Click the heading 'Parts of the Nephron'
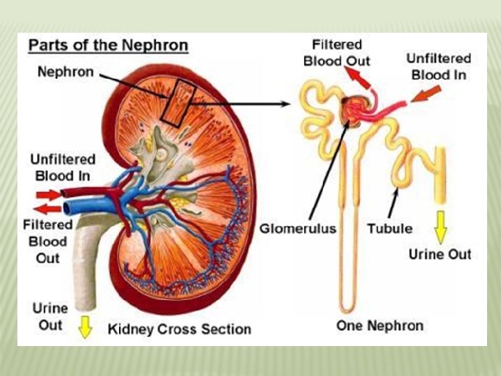tap(108, 46)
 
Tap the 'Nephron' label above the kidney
tap(66, 72)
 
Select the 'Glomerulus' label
tap(298, 228)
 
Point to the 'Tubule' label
tap(390, 228)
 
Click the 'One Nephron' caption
tap(380, 325)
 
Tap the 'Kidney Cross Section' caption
tap(179, 329)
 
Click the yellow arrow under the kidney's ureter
tap(85, 327)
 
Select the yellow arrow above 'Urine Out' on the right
tap(440, 227)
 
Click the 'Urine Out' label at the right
tap(440, 254)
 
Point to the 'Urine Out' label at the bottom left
tap(50, 316)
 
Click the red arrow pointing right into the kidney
tap(49, 194)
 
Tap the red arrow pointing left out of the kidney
tap(48, 208)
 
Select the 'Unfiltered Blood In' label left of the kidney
tap(63, 167)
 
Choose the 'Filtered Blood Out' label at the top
tap(337, 52)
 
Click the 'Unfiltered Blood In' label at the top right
tap(438, 67)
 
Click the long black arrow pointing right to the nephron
tap(244, 104)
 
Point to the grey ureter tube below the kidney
tap(86, 265)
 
